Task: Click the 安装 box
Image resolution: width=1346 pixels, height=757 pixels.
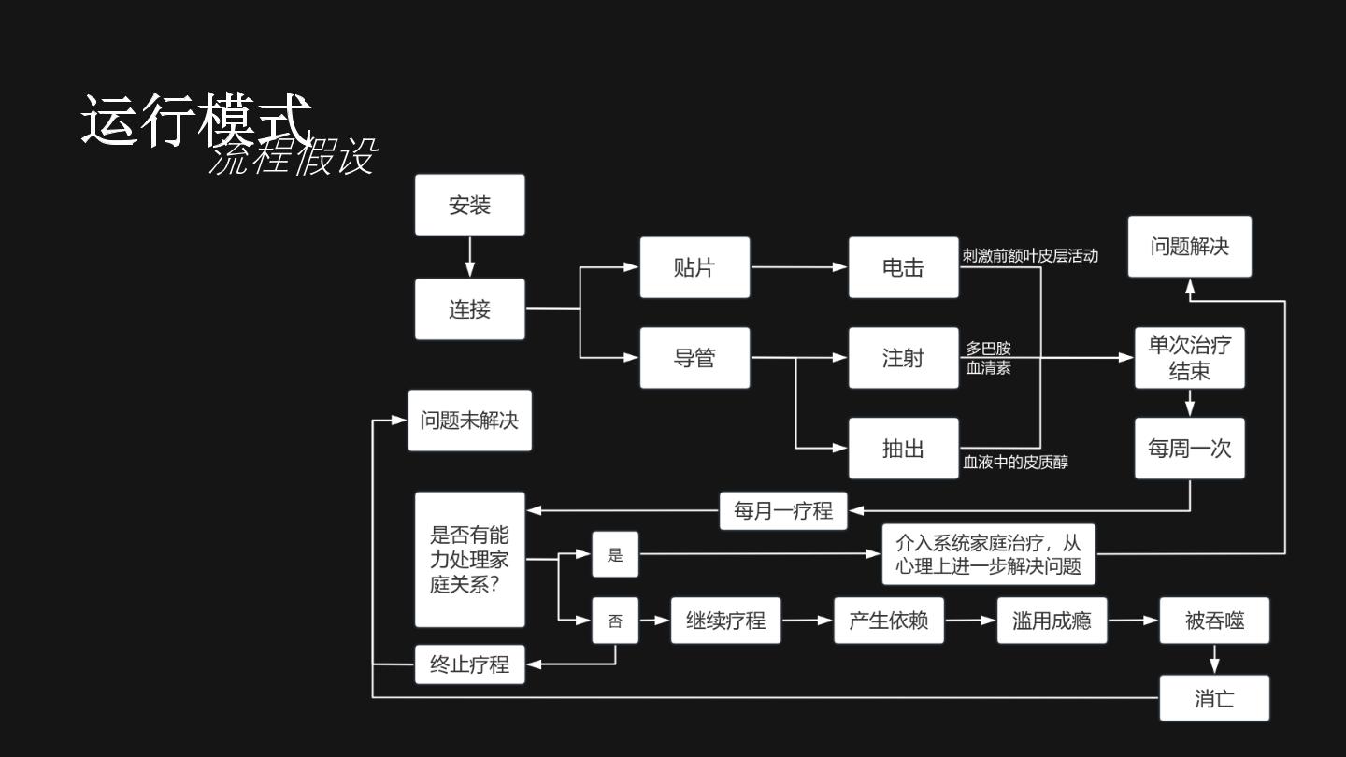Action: (x=469, y=205)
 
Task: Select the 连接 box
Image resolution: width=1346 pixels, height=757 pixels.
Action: (x=469, y=308)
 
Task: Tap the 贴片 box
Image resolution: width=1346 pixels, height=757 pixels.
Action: (x=694, y=267)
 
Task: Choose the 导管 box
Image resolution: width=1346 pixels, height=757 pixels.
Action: (x=694, y=357)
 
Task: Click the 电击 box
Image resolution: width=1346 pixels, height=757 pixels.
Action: (x=903, y=267)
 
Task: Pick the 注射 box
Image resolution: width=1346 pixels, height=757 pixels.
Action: (x=903, y=357)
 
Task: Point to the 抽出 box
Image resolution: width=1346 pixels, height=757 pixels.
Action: (x=903, y=449)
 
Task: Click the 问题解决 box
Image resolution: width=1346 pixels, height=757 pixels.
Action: (x=1190, y=247)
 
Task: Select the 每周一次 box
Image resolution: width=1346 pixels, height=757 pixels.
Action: (x=1190, y=449)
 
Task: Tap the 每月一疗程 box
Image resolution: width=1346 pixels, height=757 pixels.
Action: (x=783, y=510)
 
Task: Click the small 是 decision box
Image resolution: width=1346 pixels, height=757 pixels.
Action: (x=615, y=554)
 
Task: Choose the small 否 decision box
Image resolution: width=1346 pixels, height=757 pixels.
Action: (x=615, y=620)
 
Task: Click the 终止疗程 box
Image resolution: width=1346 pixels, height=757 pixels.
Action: (x=469, y=664)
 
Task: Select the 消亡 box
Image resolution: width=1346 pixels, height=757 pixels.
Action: (x=1214, y=698)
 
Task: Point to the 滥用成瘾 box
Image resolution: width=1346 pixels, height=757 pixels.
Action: (x=1052, y=620)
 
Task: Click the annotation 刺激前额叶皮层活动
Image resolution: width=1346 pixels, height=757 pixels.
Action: (x=1030, y=256)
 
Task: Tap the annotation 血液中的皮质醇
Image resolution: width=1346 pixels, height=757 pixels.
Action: (x=1015, y=462)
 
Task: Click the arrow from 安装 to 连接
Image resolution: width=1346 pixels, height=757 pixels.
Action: (x=469, y=256)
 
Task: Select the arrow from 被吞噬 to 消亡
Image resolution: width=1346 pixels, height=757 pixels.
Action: (x=1214, y=659)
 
